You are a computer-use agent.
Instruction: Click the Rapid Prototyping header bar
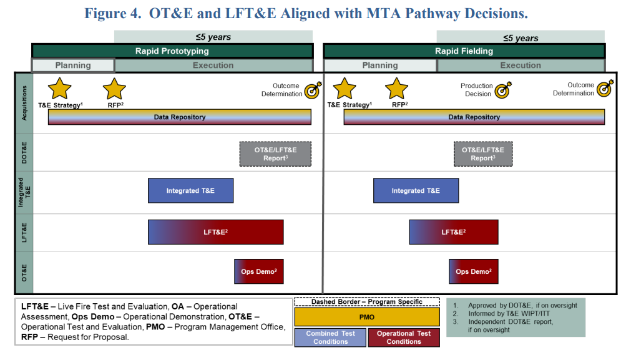(x=172, y=51)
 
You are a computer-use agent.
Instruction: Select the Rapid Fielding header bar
(x=464, y=51)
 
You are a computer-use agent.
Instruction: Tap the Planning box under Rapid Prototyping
(x=73, y=66)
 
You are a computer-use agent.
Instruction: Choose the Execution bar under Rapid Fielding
(x=521, y=66)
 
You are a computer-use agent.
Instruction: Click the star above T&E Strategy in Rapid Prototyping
(x=59, y=89)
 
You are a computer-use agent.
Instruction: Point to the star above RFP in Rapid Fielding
(x=396, y=89)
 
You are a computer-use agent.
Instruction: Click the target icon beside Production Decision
(x=503, y=90)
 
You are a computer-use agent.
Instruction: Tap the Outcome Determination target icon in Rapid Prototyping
(x=313, y=90)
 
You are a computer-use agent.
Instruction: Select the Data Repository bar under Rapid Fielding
(x=474, y=117)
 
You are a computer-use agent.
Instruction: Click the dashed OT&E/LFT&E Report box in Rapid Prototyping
(x=275, y=154)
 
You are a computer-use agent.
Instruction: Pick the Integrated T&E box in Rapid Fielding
(x=416, y=191)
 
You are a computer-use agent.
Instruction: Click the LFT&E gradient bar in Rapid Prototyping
(x=215, y=232)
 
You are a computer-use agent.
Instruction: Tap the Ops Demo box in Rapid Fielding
(x=474, y=271)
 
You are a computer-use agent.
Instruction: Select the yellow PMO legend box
(x=367, y=317)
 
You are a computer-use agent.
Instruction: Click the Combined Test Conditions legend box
(x=330, y=338)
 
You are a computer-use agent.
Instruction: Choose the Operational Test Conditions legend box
(x=404, y=338)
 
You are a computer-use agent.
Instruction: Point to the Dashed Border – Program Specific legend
(x=367, y=302)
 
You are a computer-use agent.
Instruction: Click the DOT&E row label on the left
(x=24, y=152)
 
